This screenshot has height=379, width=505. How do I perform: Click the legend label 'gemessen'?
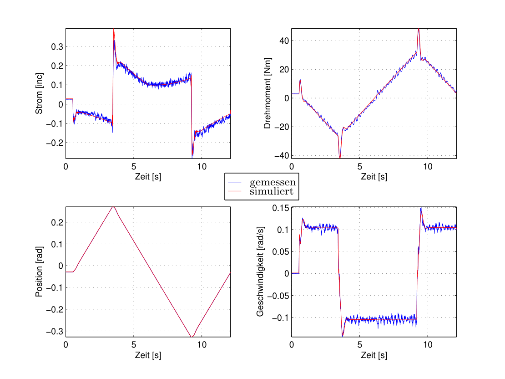pos(273,183)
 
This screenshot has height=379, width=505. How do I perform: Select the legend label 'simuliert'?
pos(272,191)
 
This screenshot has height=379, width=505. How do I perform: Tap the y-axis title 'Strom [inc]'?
pos(39,93)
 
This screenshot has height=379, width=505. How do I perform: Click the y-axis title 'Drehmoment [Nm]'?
pos(268,93)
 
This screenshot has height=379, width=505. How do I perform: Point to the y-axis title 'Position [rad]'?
pos(39,271)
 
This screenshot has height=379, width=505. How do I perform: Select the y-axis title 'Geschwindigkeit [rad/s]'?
pos(260,271)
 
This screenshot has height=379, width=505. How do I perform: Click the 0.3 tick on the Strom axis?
pos(57,46)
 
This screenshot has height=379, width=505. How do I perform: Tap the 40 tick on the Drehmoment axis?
pos(284,41)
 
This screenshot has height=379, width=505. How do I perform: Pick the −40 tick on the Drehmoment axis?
pos(282,155)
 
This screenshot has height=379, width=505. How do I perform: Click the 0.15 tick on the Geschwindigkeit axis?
pos(281,208)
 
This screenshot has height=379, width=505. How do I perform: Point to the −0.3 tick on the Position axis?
pos(55,331)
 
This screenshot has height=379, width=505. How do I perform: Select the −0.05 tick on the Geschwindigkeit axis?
pos(278,296)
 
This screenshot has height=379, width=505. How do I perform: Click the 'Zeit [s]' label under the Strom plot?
pos(148,177)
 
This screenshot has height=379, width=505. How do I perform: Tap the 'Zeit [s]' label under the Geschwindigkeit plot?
pos(374,355)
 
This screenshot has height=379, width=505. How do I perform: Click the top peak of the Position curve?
pos(113,207)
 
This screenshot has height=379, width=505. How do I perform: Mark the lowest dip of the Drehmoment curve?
pos(340,158)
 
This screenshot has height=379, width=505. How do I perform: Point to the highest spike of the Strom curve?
pos(114,29)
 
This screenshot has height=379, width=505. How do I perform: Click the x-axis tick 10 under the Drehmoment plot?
pos(428,166)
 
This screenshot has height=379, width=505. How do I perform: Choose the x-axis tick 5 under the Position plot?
pos(134,345)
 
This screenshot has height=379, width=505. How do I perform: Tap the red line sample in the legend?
pos(234,191)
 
